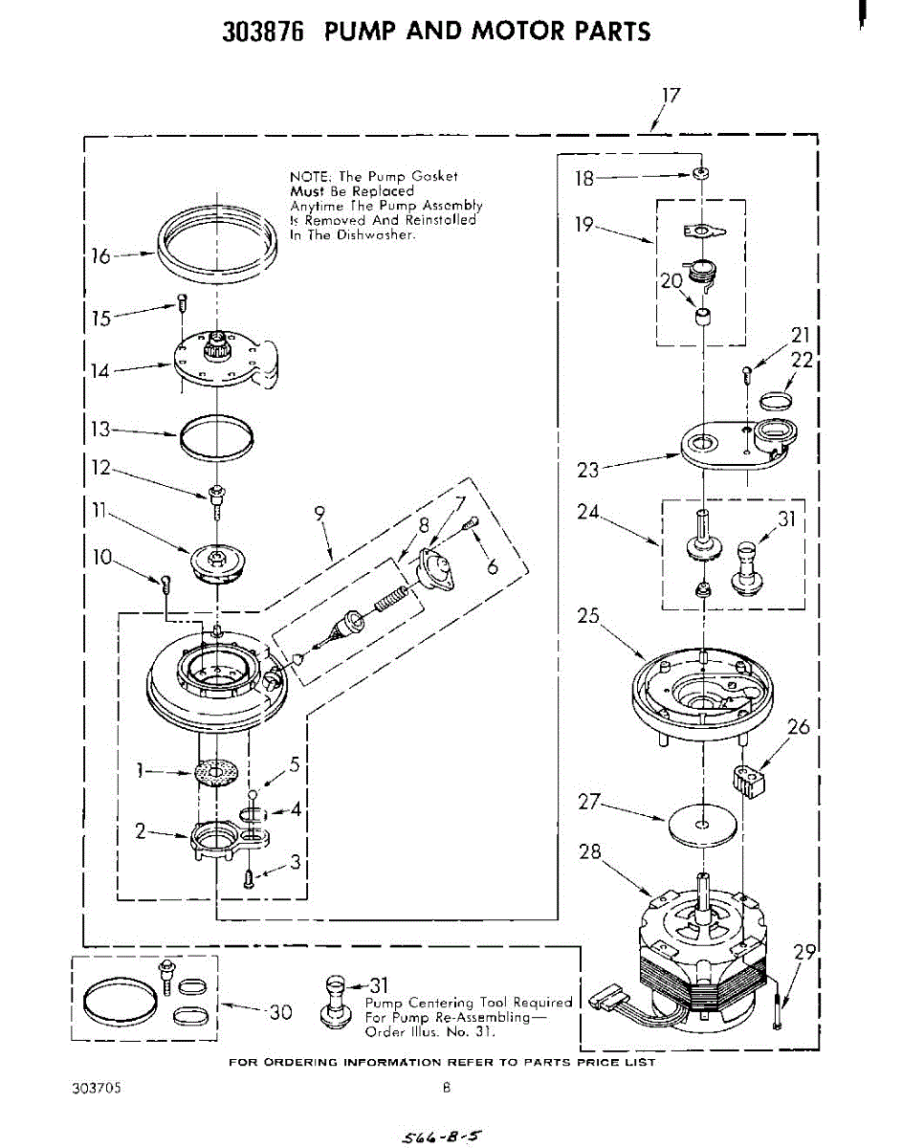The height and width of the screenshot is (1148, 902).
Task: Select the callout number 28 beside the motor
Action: click(590, 851)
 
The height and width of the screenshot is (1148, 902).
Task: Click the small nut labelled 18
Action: click(702, 174)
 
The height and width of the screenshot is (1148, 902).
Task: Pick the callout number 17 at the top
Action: click(670, 96)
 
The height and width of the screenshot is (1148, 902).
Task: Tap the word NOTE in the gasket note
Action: click(308, 176)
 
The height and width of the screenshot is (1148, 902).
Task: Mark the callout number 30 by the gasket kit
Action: click(280, 1011)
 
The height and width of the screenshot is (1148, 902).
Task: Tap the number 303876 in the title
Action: click(263, 32)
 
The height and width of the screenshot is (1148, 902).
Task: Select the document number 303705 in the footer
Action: click(95, 1088)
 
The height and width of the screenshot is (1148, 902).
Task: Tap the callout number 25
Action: click(588, 617)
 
